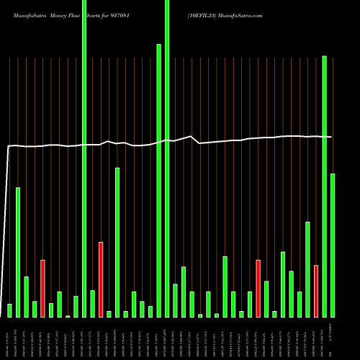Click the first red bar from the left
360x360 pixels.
click(42, 288)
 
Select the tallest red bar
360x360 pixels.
click(101, 279)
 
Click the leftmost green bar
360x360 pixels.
click(9, 310)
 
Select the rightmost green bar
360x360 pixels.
click(332, 245)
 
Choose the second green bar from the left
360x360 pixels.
click(18, 252)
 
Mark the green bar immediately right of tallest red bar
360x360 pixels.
click(109, 314)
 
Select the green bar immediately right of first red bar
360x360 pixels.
click(51, 310)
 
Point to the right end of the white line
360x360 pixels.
click(331, 137)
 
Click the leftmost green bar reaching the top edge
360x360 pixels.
click(84, 158)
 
